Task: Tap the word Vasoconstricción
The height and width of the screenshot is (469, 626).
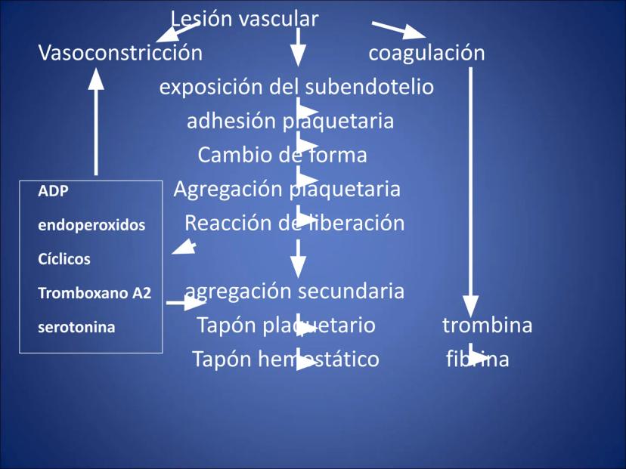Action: pos(120,53)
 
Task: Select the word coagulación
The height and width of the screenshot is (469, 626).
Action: pos(426,53)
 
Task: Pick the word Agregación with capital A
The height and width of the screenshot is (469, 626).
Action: pos(227,190)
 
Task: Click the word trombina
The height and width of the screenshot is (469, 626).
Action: pos(487,326)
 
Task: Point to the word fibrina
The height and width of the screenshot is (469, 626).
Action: pos(477,359)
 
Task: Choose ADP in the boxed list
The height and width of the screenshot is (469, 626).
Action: pos(53,192)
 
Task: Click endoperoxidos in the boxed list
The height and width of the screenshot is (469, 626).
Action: pos(91,225)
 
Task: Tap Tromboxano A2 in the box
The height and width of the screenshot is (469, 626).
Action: pos(95,293)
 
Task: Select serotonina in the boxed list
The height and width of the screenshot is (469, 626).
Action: pos(76,328)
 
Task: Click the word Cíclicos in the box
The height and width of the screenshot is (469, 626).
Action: pos(64,259)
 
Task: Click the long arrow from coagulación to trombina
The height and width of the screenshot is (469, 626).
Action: pos(470,189)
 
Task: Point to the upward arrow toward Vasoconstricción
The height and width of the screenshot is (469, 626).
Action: pos(96,121)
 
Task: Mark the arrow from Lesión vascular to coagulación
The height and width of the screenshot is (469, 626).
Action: pos(398,30)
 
